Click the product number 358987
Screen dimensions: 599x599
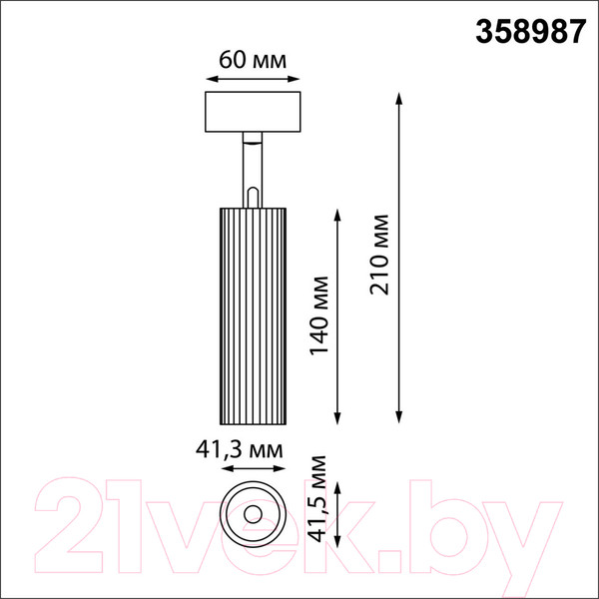[x=530, y=32]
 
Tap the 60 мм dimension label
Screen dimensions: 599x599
[x=253, y=60]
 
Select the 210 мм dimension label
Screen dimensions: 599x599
[x=379, y=255]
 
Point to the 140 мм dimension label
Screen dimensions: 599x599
[x=319, y=315]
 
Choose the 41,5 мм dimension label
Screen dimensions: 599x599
[x=317, y=499]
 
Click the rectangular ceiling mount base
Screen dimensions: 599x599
[x=253, y=112]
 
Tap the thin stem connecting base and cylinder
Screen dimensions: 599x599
[x=253, y=170]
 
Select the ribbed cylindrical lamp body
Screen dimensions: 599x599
[x=253, y=315]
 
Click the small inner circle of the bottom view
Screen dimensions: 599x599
[x=253, y=514]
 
